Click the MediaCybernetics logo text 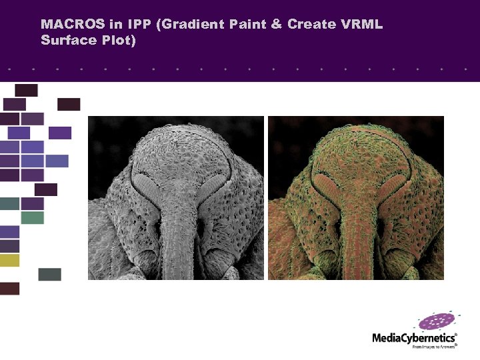click(413, 338)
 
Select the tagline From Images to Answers click(434, 347)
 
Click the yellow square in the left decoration click(9, 260)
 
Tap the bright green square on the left click(32, 217)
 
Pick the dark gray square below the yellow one click(49, 274)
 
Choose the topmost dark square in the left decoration click(26, 90)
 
